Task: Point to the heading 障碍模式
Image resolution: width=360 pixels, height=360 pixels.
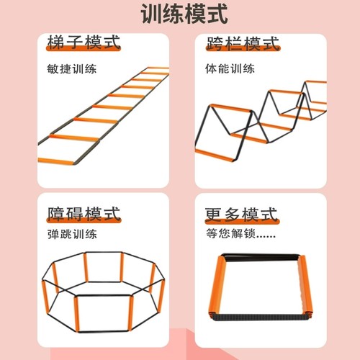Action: [x=82, y=214]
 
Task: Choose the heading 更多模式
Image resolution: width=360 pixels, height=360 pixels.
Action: [x=241, y=214]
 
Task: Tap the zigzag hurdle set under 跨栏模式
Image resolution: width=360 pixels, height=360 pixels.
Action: [x=263, y=119]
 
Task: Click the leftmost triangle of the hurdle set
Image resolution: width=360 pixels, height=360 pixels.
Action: [x=216, y=130]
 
